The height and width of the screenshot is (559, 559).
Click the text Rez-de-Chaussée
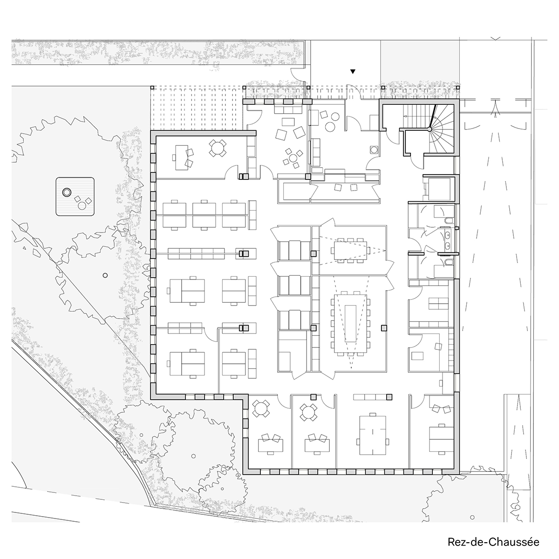(x=493, y=542)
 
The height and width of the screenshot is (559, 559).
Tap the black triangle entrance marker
(x=353, y=71)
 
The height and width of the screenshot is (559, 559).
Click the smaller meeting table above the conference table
(x=350, y=250)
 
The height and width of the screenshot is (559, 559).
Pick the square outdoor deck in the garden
(x=75, y=197)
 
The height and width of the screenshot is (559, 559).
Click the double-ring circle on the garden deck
(x=67, y=192)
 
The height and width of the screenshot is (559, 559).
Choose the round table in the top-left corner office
(x=217, y=148)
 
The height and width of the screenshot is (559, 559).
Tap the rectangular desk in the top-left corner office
(x=182, y=157)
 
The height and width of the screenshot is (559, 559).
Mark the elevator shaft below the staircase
(x=439, y=188)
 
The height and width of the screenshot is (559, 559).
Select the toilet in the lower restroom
(x=448, y=263)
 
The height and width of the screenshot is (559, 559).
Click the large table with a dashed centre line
(x=373, y=435)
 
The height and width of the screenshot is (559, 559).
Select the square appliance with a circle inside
(x=373, y=150)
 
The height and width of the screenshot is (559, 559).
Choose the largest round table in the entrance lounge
(x=330, y=127)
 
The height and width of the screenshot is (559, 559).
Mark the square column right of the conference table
(x=384, y=328)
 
